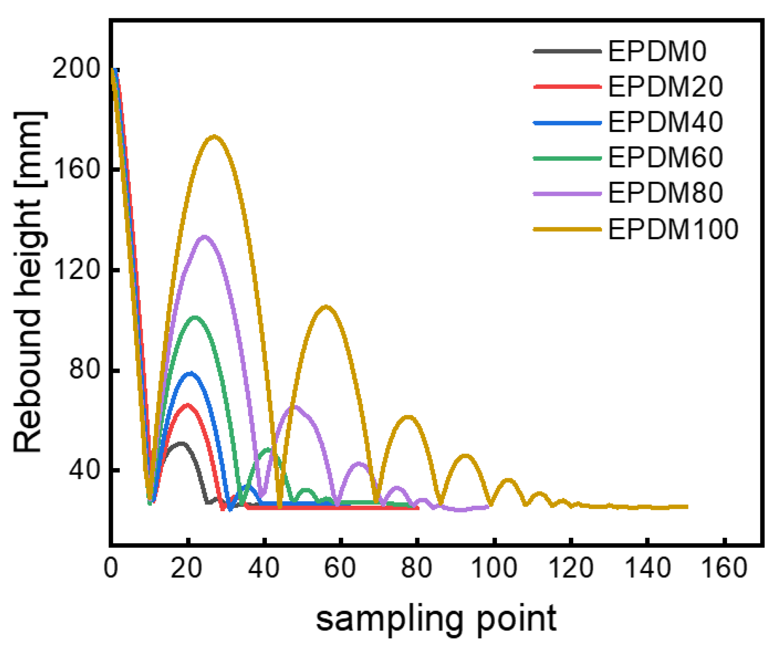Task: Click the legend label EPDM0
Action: (657, 51)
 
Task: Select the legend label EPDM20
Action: (665, 87)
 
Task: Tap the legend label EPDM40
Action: (665, 122)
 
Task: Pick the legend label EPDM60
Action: (665, 158)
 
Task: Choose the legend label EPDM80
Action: (665, 193)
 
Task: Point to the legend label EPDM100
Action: (673, 229)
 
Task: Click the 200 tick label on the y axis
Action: (76, 68)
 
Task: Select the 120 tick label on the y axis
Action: (76, 270)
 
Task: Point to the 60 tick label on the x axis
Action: (340, 569)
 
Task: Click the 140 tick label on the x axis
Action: (647, 569)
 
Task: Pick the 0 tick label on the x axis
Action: (111, 569)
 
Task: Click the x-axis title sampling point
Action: (436, 619)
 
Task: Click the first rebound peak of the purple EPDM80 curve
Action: (204, 236)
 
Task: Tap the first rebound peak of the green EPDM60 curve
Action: (195, 317)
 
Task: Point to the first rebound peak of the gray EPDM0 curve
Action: (181, 443)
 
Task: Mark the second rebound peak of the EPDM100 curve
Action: (326, 306)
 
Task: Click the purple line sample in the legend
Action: (567, 194)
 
